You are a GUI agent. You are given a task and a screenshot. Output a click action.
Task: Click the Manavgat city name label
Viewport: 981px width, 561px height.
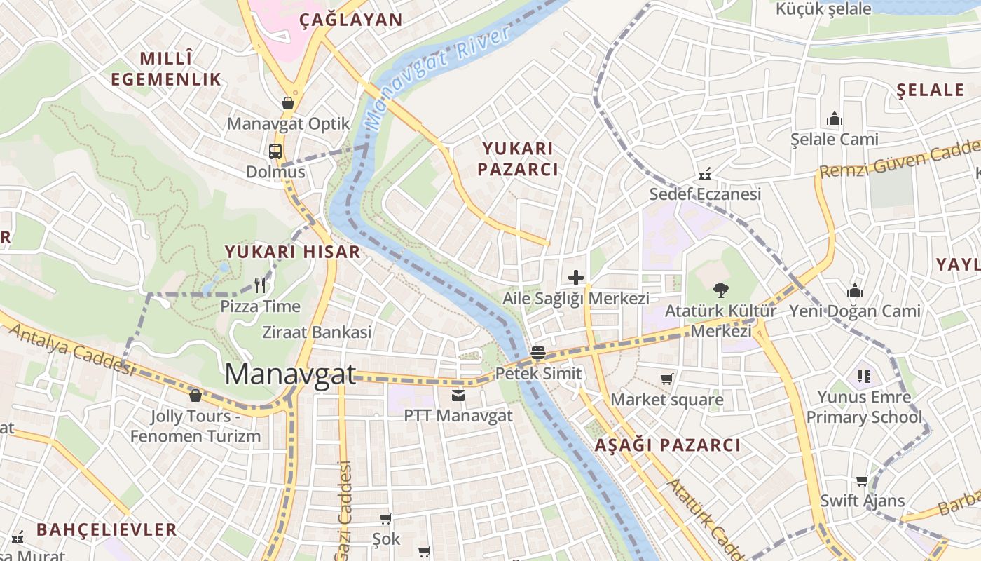(x=290, y=374)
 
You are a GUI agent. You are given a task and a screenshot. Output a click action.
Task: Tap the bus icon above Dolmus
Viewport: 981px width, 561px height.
(x=275, y=151)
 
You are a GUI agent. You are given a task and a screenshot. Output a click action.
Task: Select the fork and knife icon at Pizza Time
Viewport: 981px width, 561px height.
(x=260, y=285)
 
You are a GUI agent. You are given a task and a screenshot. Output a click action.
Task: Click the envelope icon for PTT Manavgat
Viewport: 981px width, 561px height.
(x=458, y=396)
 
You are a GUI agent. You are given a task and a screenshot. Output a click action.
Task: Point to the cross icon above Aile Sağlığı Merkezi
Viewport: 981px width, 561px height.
(x=576, y=278)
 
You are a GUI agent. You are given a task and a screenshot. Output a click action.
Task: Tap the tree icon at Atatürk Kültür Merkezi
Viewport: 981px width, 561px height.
(x=720, y=290)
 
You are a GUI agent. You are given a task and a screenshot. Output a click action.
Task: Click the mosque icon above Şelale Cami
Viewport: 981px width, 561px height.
(x=834, y=119)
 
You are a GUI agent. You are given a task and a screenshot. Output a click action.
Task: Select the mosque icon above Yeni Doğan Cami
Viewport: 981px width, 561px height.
(x=854, y=290)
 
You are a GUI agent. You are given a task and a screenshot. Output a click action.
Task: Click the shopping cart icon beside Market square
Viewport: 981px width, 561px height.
(x=667, y=379)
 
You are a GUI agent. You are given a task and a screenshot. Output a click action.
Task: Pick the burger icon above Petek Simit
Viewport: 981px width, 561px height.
(x=537, y=353)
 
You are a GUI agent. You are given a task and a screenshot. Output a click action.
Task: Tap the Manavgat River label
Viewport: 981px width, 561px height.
(x=437, y=77)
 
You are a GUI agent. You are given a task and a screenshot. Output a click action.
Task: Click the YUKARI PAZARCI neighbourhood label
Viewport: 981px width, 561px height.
(x=519, y=158)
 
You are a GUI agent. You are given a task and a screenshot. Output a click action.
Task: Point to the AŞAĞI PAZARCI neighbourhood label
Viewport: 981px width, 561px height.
(x=667, y=445)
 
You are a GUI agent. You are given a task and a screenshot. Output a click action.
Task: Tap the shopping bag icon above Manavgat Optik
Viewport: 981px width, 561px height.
(x=287, y=104)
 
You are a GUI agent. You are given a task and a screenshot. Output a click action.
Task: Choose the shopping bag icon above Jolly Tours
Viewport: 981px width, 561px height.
(x=195, y=396)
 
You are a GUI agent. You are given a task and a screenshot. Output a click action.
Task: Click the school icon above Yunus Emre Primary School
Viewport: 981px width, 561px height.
(x=863, y=377)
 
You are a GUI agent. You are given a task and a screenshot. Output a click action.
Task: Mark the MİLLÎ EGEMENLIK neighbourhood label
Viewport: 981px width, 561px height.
(x=166, y=69)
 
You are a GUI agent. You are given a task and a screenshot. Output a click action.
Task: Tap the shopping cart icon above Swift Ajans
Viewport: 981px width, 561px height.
(x=862, y=480)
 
